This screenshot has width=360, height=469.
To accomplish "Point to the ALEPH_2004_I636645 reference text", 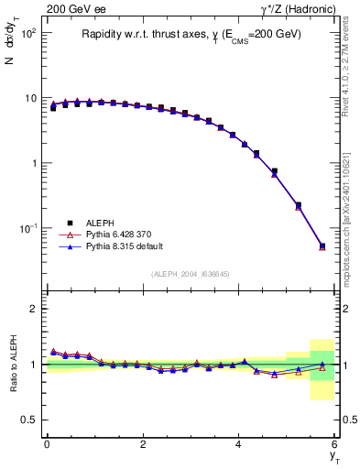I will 190,275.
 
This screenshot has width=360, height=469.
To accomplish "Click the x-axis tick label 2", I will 143,443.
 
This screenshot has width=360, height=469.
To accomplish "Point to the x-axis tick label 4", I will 239,443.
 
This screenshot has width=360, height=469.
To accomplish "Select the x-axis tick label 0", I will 47,443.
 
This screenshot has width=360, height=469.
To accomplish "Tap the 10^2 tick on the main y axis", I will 28,33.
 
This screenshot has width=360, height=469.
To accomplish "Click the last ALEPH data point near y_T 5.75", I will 322,245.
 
